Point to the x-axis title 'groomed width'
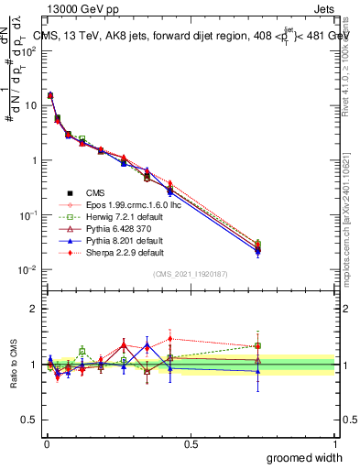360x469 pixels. tap(305, 456)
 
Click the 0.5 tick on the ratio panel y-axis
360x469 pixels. tap(32, 420)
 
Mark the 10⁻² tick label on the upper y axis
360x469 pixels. tap(27, 269)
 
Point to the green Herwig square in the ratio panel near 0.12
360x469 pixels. tap(82, 351)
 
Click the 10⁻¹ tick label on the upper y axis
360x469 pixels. tap(27, 214)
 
